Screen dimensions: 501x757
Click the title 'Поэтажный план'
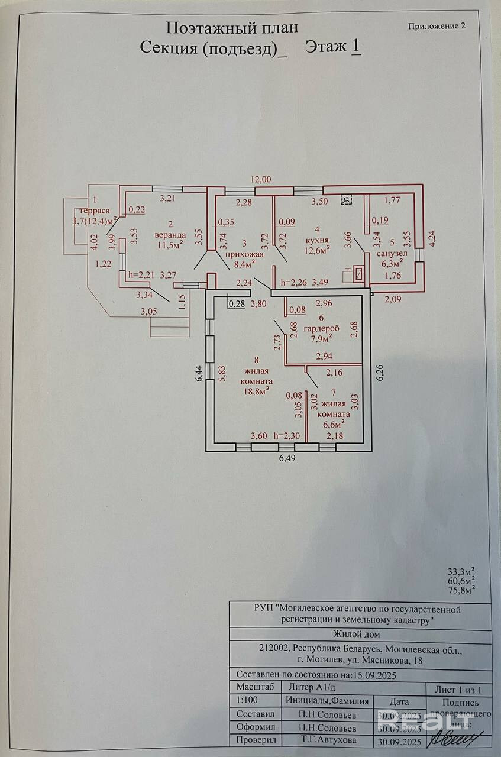click(231, 27)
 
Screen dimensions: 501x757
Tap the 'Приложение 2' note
click(437, 26)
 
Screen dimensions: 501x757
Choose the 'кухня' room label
click(317, 240)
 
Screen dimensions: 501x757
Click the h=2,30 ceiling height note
click(287, 436)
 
